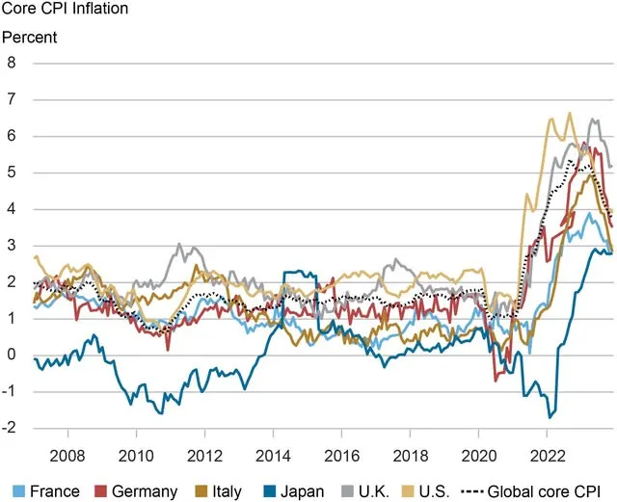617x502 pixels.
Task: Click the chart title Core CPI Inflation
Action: (65, 9)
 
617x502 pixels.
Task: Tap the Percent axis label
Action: (30, 38)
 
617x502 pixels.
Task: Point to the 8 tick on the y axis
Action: (11, 63)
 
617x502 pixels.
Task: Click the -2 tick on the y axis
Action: (9, 427)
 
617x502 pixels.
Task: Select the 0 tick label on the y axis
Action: (11, 355)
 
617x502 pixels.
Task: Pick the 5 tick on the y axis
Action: (11, 172)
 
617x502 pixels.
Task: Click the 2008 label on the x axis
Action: (67, 456)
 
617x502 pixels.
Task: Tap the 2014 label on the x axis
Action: (273, 456)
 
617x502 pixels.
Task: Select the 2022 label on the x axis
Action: (548, 456)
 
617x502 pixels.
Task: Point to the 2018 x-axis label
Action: (411, 456)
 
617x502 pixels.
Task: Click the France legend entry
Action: (46, 491)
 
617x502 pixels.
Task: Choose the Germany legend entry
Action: (137, 491)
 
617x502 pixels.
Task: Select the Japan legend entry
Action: (293, 491)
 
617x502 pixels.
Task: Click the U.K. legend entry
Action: (365, 491)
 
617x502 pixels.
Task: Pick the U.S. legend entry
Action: (425, 491)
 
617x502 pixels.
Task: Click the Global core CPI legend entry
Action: (531, 491)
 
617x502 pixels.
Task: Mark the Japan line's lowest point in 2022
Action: (550, 417)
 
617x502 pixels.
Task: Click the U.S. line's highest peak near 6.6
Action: (570, 114)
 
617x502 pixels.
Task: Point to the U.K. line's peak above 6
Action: (592, 119)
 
